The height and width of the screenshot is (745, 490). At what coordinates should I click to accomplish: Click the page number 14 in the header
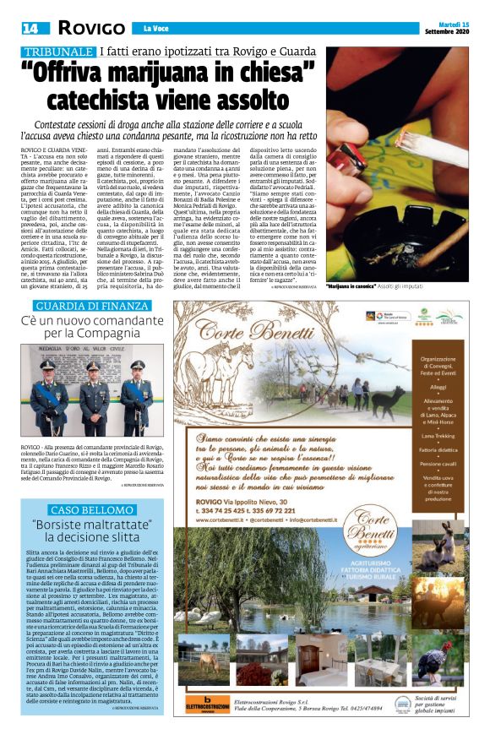tap(29, 28)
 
